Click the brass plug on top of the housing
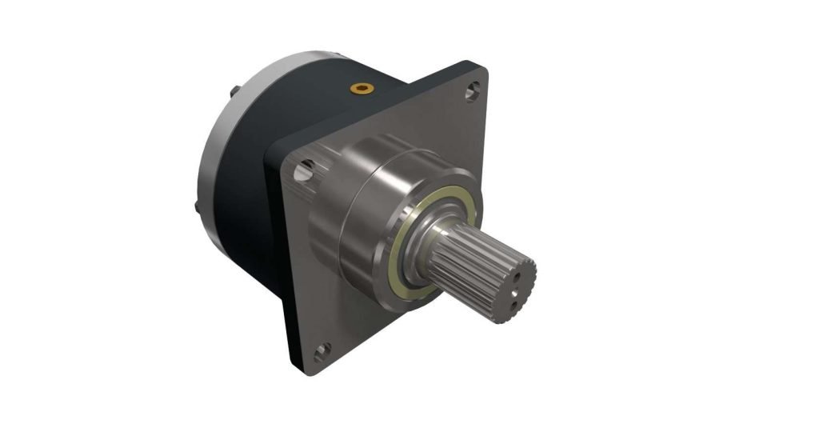pos(365,86)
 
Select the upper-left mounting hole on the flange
pos(304,170)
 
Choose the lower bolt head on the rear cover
pos(197,210)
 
